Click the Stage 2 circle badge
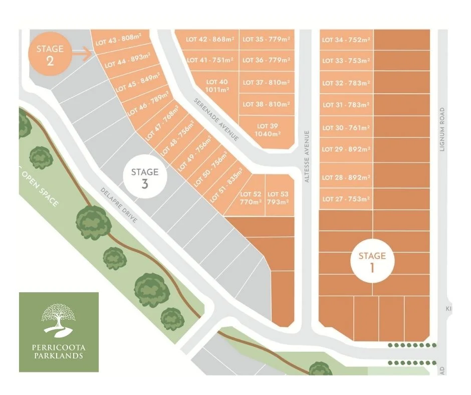point(50,55)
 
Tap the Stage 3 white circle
point(144,177)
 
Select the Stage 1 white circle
point(372,261)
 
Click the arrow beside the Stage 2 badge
point(85,53)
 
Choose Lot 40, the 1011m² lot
point(216,85)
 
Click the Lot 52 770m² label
point(251,198)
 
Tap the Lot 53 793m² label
point(278,198)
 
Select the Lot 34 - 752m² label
point(346,40)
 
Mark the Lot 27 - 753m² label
point(346,199)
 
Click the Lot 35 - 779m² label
point(266,39)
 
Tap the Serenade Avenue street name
point(216,119)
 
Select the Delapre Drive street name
point(119,206)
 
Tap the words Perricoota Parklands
point(59,351)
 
